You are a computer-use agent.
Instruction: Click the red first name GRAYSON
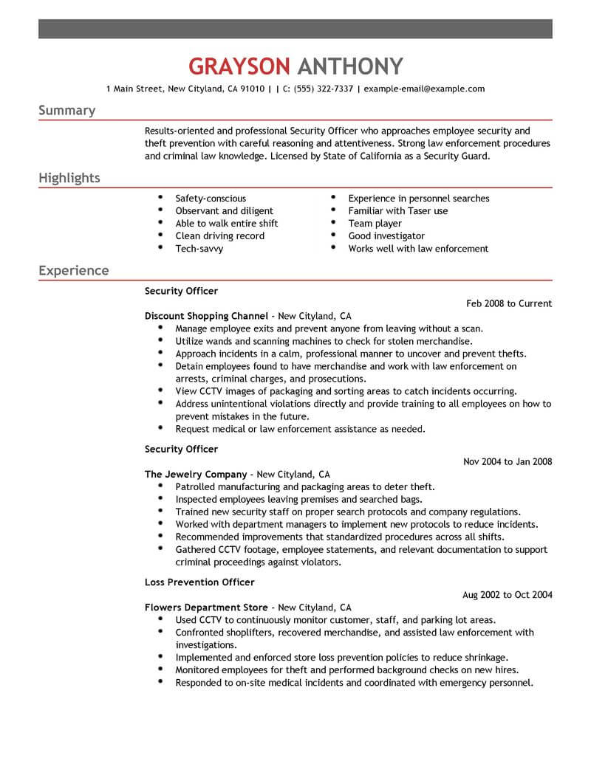(239, 66)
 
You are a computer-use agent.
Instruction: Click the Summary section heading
(66, 111)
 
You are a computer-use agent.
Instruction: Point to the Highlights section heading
(69, 179)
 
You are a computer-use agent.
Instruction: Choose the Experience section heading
(74, 271)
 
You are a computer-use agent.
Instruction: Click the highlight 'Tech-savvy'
(199, 249)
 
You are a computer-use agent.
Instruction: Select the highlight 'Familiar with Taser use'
(398, 211)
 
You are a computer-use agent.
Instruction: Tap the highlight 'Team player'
(375, 224)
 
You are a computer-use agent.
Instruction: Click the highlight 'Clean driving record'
(219, 236)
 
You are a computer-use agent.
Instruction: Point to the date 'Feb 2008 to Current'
(510, 303)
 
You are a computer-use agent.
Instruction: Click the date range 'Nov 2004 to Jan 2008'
(508, 462)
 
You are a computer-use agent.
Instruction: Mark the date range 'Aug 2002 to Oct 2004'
(508, 595)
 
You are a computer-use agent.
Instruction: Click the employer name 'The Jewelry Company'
(196, 475)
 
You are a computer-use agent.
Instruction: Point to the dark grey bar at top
(295, 30)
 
